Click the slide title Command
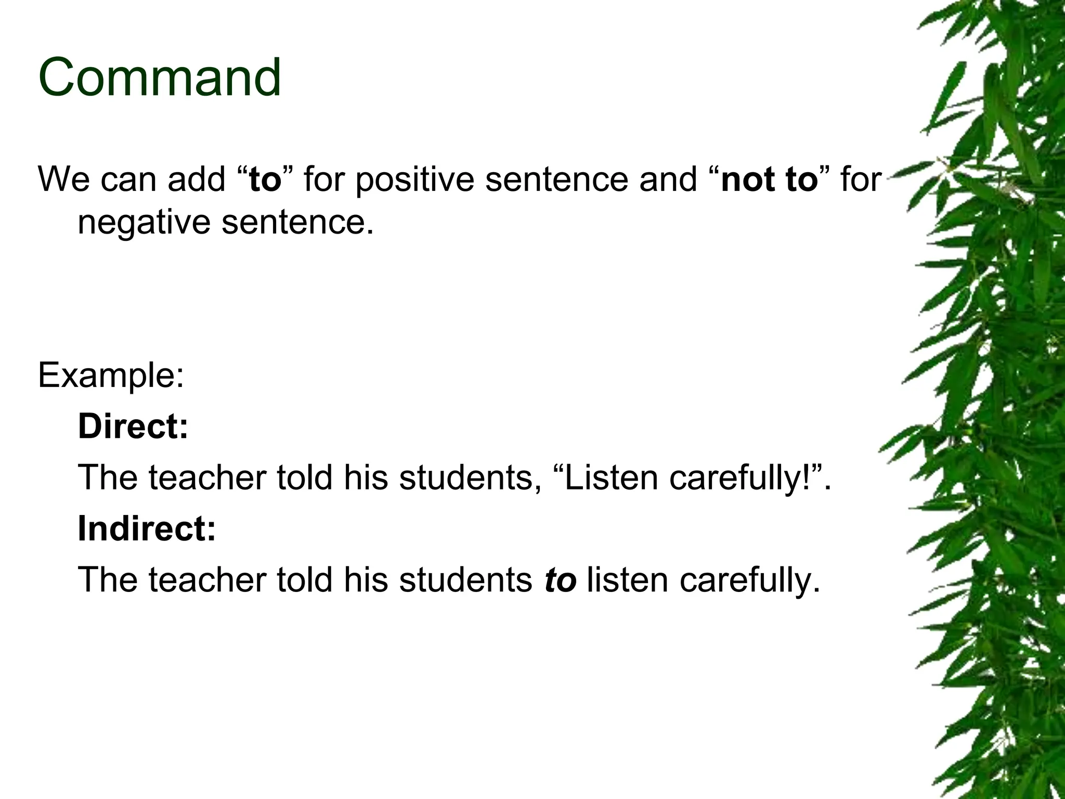(x=160, y=78)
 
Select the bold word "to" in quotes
(x=265, y=179)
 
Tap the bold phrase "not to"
(x=769, y=179)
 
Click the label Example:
(x=111, y=376)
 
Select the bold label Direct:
(x=133, y=426)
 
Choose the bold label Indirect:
(x=146, y=529)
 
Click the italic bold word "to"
(x=560, y=580)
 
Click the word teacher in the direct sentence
(x=207, y=478)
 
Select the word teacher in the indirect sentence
(x=207, y=580)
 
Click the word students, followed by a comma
(x=466, y=478)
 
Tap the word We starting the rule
(x=63, y=179)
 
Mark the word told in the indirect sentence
(x=304, y=580)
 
